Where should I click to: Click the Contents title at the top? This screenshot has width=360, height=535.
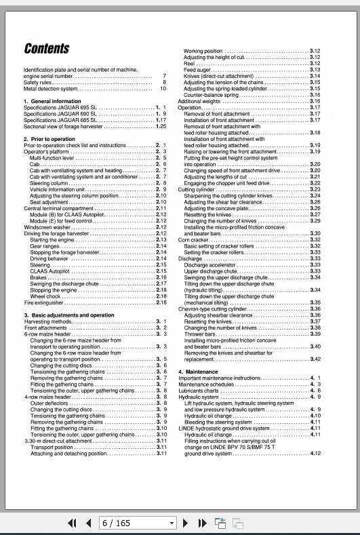click(47, 48)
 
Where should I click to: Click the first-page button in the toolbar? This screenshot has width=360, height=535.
click(72, 523)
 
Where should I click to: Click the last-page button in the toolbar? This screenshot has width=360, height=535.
click(201, 523)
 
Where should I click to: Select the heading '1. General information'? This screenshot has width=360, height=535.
click(52, 101)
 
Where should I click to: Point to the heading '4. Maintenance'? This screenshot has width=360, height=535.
click(198, 372)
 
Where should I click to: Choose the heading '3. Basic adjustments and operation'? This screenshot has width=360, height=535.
click(69, 315)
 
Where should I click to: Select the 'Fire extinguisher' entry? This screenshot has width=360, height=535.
click(43, 303)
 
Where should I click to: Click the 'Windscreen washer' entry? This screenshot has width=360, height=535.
click(46, 227)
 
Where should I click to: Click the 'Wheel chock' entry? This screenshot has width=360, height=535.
click(45, 296)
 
